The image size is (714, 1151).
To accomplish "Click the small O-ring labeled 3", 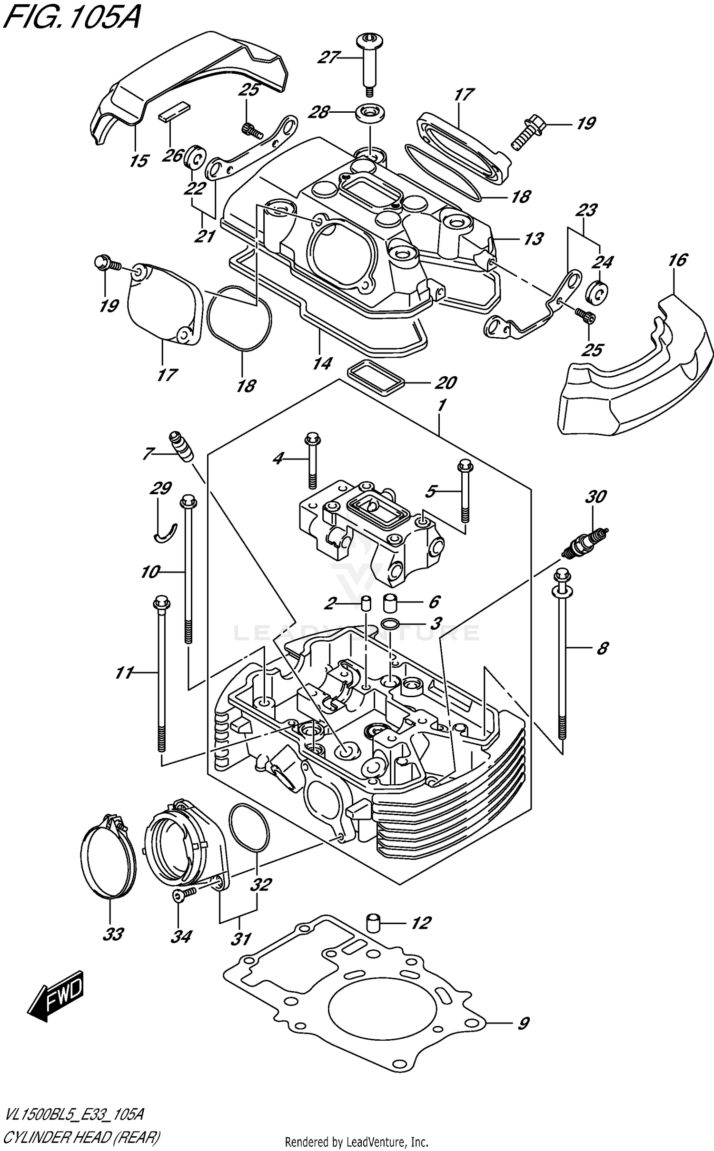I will click(389, 624).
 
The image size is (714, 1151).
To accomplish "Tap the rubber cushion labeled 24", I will click(597, 292).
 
